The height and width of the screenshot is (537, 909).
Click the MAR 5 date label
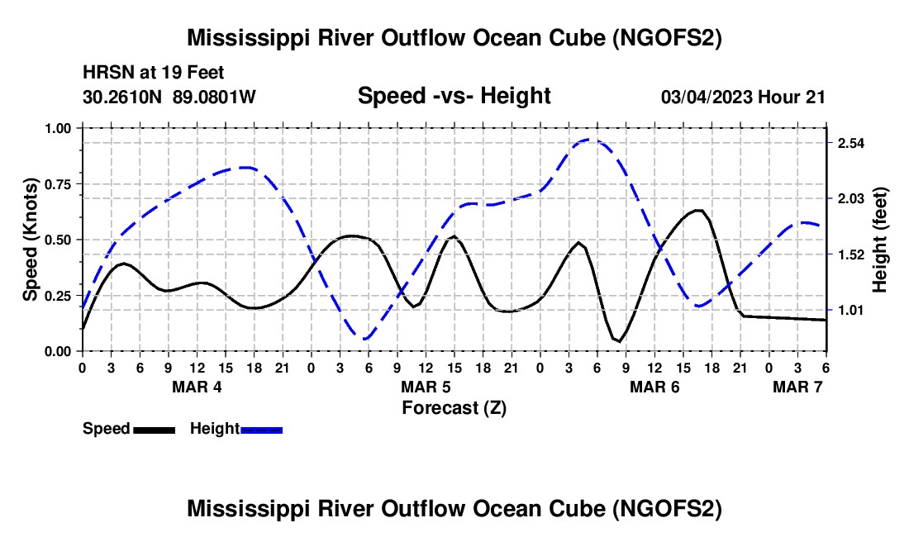(426, 387)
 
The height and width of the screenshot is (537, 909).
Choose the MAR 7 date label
(797, 387)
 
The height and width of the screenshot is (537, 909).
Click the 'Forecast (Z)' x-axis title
(454, 408)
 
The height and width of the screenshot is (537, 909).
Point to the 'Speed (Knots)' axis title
(30, 240)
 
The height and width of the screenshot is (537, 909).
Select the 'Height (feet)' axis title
(879, 240)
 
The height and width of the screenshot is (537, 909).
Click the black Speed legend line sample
(155, 430)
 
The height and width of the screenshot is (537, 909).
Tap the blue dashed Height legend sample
(261, 430)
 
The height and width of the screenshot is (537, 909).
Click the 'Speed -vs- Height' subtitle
(454, 96)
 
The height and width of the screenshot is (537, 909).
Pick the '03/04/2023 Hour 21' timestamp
(743, 97)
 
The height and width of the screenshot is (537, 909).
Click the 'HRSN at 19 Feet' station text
(154, 73)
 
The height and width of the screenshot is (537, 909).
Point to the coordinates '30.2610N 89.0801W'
(169, 97)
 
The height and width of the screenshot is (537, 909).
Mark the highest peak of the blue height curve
(588, 140)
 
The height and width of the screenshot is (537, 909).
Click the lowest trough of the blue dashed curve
(364, 338)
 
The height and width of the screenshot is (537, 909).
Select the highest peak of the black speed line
(698, 211)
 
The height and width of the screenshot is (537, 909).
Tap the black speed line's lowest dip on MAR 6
(619, 341)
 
